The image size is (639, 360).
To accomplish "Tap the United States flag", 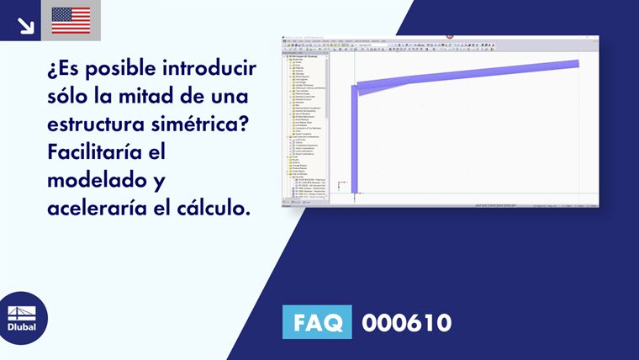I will coord(71,20).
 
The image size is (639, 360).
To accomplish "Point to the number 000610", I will coord(406,322).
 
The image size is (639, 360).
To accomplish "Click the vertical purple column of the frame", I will coord(355,143).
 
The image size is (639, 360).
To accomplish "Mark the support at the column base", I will coord(355,195).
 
